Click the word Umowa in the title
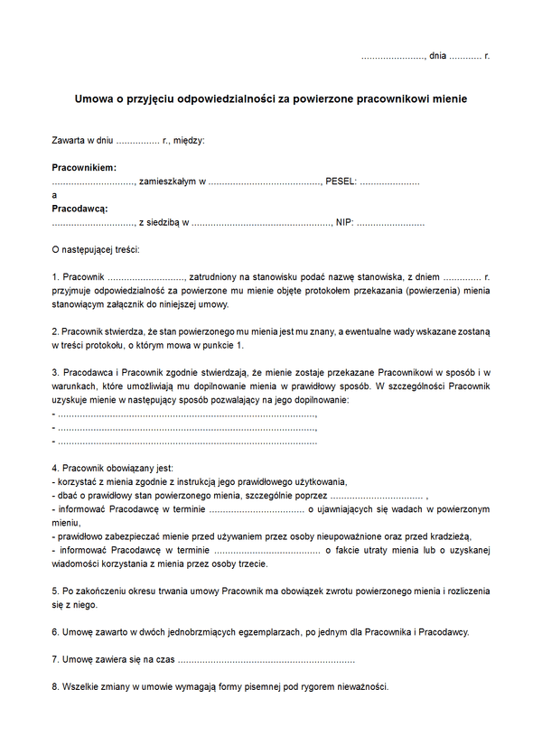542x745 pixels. click(91, 98)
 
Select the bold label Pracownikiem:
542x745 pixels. click(84, 168)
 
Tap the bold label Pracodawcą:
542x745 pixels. click(79, 209)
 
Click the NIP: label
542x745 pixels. click(343, 222)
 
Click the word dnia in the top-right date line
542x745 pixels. click(438, 56)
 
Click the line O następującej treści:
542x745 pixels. click(95, 248)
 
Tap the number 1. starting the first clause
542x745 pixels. click(56, 275)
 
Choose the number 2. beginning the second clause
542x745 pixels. click(56, 331)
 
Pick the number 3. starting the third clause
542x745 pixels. click(56, 372)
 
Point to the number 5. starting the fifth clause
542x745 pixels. click(56, 591)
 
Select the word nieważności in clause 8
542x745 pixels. click(361, 686)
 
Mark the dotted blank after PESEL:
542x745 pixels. click(390, 182)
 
